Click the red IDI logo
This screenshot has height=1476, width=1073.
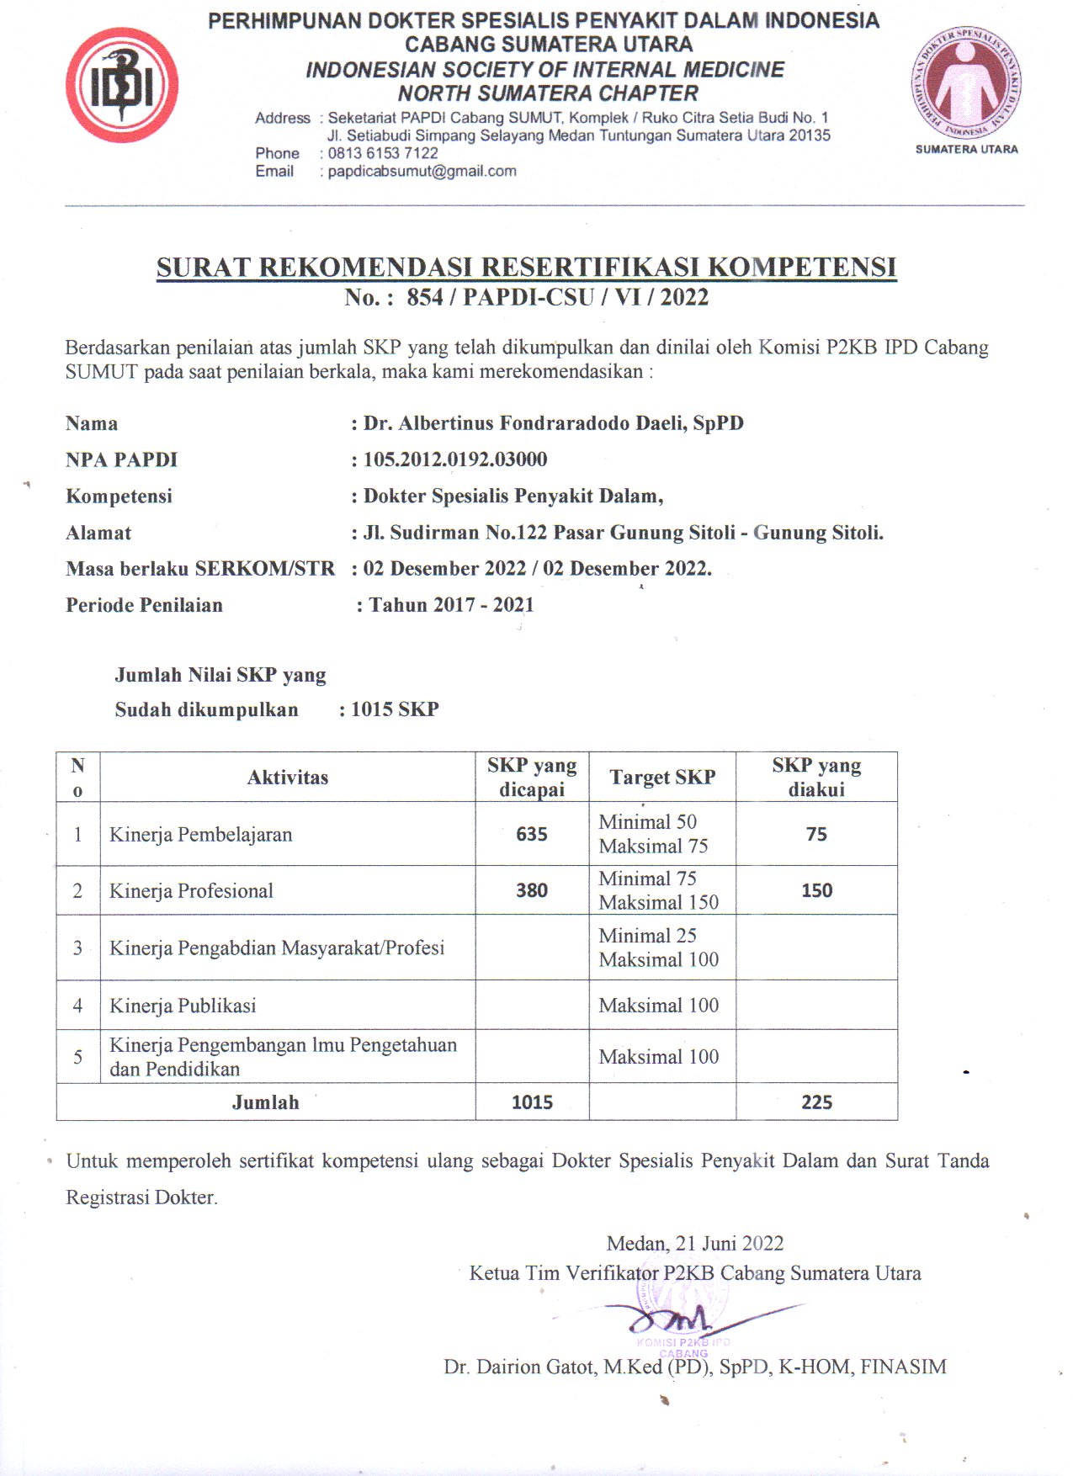click(122, 85)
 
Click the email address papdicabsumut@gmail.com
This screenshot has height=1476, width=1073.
click(422, 172)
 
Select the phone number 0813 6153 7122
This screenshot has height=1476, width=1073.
click(383, 153)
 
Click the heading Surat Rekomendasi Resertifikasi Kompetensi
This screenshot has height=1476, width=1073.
click(526, 268)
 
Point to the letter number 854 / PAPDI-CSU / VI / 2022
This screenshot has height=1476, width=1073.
click(557, 297)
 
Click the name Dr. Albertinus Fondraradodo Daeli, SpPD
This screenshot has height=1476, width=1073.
click(553, 423)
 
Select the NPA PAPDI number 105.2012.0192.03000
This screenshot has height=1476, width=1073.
click(455, 459)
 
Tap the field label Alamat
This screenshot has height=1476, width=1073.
click(98, 533)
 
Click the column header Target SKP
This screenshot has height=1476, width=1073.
click(662, 778)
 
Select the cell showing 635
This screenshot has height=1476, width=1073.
click(532, 834)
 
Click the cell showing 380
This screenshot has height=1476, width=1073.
click(532, 890)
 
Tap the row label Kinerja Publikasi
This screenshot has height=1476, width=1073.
click(183, 1006)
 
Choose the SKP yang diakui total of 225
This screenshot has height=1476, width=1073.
click(816, 1102)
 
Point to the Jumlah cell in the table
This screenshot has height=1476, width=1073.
click(266, 1102)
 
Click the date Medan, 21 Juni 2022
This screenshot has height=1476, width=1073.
click(695, 1244)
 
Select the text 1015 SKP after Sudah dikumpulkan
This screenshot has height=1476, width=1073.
click(395, 709)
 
